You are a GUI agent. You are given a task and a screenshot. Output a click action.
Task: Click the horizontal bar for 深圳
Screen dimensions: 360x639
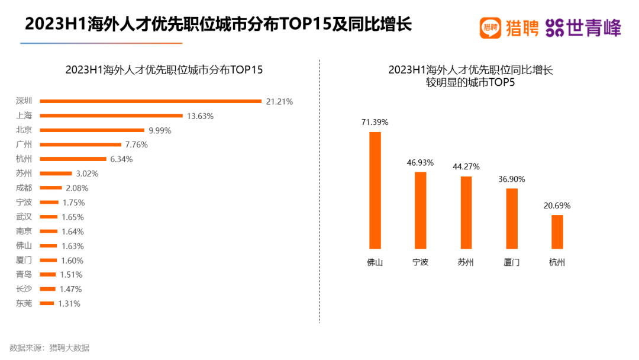(150, 101)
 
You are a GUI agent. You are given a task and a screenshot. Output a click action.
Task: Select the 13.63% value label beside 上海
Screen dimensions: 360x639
(200, 116)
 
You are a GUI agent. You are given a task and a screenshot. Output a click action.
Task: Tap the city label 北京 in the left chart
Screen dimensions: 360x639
(24, 130)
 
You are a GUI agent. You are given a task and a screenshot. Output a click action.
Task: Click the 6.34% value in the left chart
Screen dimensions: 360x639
(121, 159)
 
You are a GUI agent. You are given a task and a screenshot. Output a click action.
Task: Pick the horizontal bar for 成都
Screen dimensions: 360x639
(50, 188)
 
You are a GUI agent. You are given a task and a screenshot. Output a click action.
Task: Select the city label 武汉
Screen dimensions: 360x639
(24, 217)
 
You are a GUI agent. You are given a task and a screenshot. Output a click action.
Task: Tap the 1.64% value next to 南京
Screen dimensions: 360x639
(73, 232)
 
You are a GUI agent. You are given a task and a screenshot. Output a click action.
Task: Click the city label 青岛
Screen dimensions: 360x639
(24, 275)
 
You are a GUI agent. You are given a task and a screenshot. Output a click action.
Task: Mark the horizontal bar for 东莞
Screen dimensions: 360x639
(47, 304)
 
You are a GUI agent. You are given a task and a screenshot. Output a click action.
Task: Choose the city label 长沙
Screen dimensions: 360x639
(24, 289)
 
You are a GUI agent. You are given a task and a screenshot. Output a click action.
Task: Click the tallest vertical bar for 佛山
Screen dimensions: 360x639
(375, 190)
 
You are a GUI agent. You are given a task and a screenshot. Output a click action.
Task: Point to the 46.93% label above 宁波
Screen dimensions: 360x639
(421, 162)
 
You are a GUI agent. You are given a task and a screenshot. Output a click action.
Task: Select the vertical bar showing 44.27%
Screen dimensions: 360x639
(466, 213)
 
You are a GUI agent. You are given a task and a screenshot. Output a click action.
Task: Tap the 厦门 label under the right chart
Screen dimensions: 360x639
(512, 262)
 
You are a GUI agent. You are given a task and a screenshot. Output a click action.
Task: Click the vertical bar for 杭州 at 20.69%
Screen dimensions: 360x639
(557, 232)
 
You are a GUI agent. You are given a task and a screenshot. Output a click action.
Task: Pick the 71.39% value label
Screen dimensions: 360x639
(375, 122)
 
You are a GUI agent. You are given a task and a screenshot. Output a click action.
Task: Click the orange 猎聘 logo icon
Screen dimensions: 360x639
(490, 27)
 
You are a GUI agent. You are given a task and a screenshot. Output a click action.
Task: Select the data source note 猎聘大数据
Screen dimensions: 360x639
(69, 348)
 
